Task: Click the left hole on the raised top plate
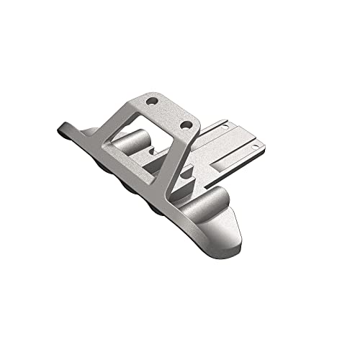click(x=150, y=101)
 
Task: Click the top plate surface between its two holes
click(x=167, y=112)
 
